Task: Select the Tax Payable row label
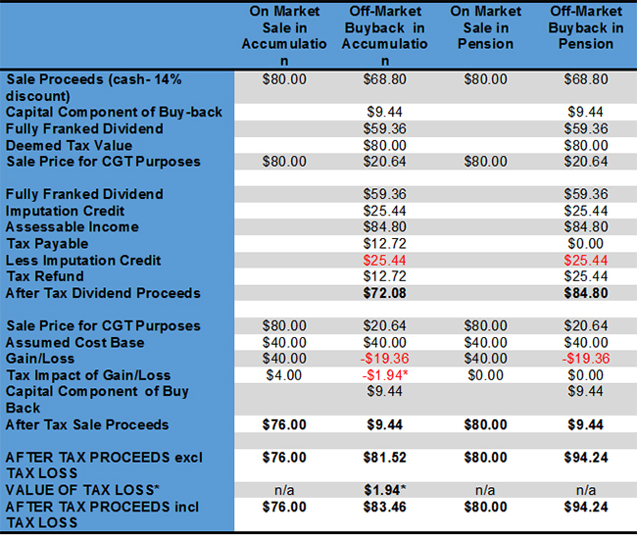tap(47, 243)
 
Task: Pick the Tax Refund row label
tap(45, 276)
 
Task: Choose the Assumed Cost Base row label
tap(74, 342)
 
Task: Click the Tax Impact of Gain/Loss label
tap(88, 375)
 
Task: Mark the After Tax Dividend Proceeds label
tap(103, 293)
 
